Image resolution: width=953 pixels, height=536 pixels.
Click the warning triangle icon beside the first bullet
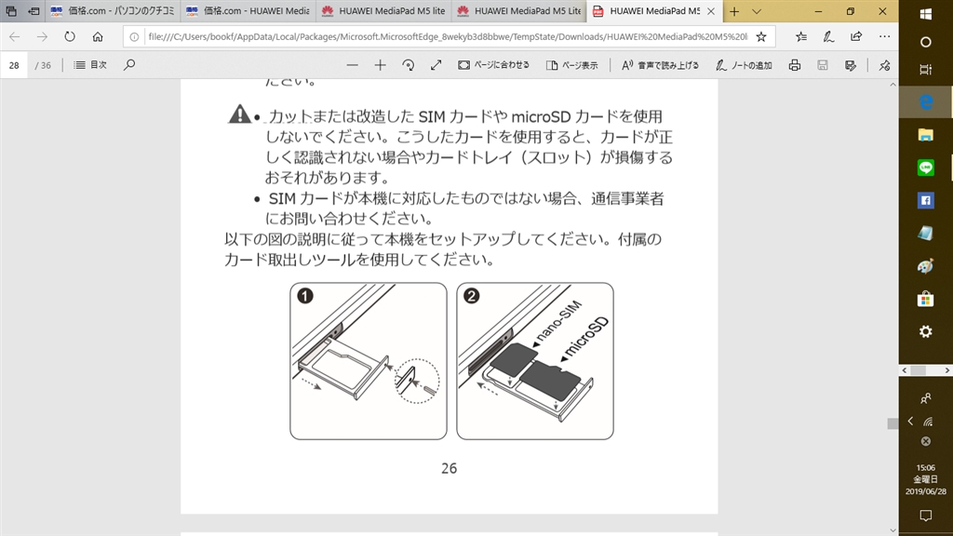pos(240,114)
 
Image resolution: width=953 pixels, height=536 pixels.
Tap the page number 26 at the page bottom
pos(449,468)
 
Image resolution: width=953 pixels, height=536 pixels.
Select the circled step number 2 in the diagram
pos(472,297)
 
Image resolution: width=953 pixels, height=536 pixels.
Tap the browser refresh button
pos(70,37)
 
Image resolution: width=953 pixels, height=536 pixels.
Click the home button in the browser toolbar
pos(98,37)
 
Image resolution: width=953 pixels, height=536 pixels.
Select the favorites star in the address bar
pos(760,37)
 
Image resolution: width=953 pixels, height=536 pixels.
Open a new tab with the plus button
pos(734,11)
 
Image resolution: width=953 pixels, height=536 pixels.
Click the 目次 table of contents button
pos(90,65)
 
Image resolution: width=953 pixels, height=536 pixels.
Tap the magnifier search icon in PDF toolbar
pos(129,65)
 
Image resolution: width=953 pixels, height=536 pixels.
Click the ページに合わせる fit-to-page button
pos(494,65)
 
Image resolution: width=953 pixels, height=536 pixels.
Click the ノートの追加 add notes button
pos(744,65)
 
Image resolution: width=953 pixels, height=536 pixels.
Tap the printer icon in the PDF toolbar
pos(795,65)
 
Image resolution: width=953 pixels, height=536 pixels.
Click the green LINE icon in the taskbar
pos(925,167)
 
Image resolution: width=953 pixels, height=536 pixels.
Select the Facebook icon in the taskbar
pos(925,200)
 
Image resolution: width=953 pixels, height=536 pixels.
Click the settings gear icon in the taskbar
pos(925,331)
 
